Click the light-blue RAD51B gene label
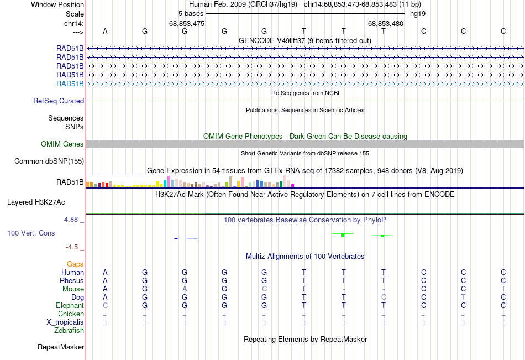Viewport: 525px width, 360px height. [70, 84]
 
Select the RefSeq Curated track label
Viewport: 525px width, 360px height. [59, 101]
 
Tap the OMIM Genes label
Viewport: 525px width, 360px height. [62, 144]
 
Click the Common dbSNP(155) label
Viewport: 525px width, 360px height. [49, 161]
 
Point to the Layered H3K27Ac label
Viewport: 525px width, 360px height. [36, 202]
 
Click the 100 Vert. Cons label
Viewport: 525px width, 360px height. [31, 233]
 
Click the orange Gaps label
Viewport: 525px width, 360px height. [75, 264]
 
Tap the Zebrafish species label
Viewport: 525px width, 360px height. [69, 331]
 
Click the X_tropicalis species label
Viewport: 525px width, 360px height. [65, 322]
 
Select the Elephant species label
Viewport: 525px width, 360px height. [70, 306]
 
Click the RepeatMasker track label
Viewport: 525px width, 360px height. [61, 347]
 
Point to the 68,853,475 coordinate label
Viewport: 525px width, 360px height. [187, 23]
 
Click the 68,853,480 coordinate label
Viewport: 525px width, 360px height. [386, 23]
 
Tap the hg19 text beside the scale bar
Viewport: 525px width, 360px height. [418, 14]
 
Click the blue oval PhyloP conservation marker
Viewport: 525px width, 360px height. [186, 239]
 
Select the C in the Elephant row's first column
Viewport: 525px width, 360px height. [105, 306]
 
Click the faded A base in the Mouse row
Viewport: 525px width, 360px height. [185, 289]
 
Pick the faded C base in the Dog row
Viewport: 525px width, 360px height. [384, 298]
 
